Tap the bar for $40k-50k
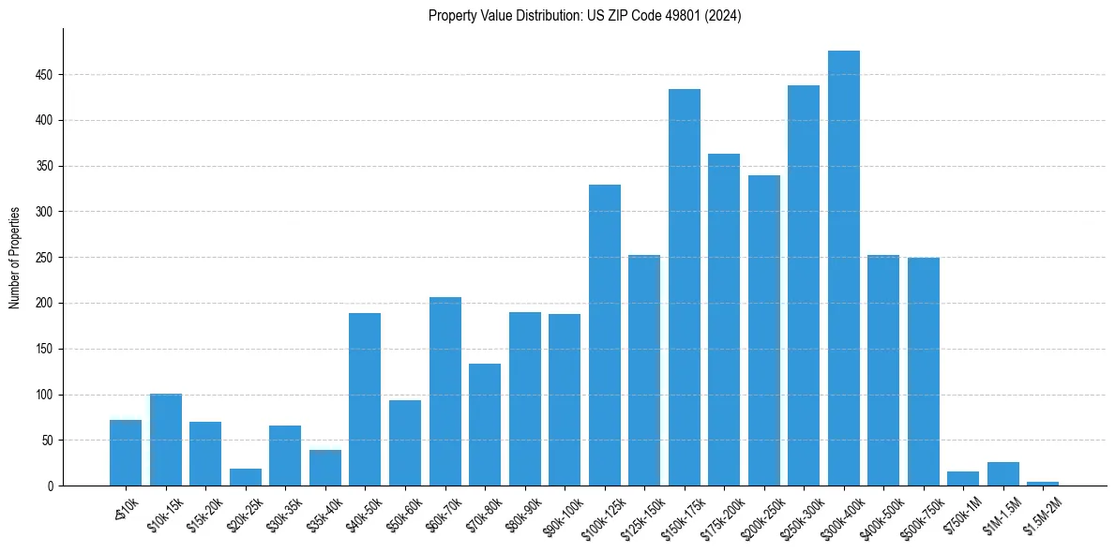click(x=365, y=399)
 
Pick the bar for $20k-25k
click(x=246, y=477)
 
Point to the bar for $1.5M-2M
click(x=1042, y=484)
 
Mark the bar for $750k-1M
click(x=962, y=479)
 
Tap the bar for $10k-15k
click(x=166, y=440)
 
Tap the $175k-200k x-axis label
click(x=724, y=515)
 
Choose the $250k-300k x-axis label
click(x=804, y=515)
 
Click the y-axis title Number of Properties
click(x=15, y=258)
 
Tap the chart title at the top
click(x=584, y=16)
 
